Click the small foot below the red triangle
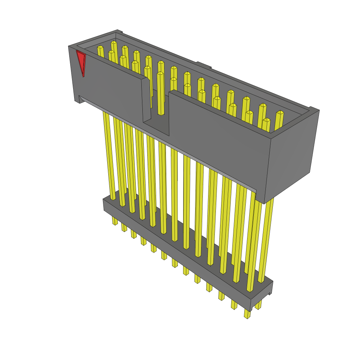(78, 100)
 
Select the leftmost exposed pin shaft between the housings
(109, 155)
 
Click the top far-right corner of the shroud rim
(319, 110)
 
